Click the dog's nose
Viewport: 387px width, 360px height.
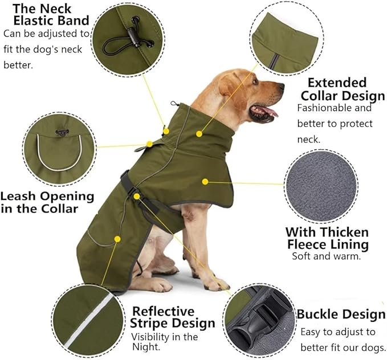coord(281,86)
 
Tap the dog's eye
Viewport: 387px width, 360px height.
coord(255,81)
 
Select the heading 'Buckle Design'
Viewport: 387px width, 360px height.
coord(341,314)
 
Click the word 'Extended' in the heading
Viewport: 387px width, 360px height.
coord(337,83)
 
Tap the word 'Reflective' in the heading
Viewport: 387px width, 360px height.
coord(164,312)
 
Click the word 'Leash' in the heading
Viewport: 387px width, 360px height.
coord(18,197)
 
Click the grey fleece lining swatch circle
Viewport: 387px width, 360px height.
coord(321,186)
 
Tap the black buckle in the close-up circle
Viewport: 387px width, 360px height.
coord(262,320)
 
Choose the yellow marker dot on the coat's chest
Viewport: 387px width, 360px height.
coord(205,182)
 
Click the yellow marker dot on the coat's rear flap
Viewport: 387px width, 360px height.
coord(117,239)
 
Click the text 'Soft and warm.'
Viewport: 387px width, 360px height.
coord(327,256)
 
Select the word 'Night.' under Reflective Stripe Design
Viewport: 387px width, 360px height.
coord(146,347)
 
